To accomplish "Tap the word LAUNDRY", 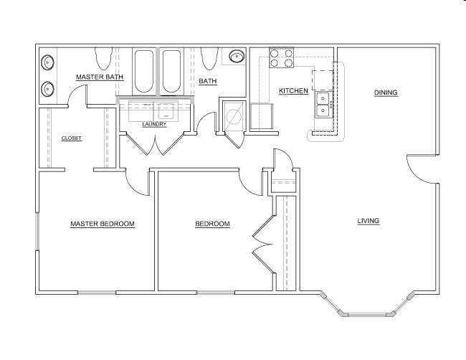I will [154, 124].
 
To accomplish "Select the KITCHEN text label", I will [293, 91].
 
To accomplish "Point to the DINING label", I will [385, 93].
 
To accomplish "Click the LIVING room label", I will [368, 220].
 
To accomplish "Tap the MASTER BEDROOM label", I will [103, 224].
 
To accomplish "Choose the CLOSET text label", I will [71, 138].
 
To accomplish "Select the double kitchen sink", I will [323, 105].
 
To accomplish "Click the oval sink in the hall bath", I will [236, 57].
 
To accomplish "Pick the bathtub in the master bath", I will [144, 71].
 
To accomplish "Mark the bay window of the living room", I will [367, 308].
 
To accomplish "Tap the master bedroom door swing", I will [136, 183].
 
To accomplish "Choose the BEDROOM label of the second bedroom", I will [212, 224].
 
